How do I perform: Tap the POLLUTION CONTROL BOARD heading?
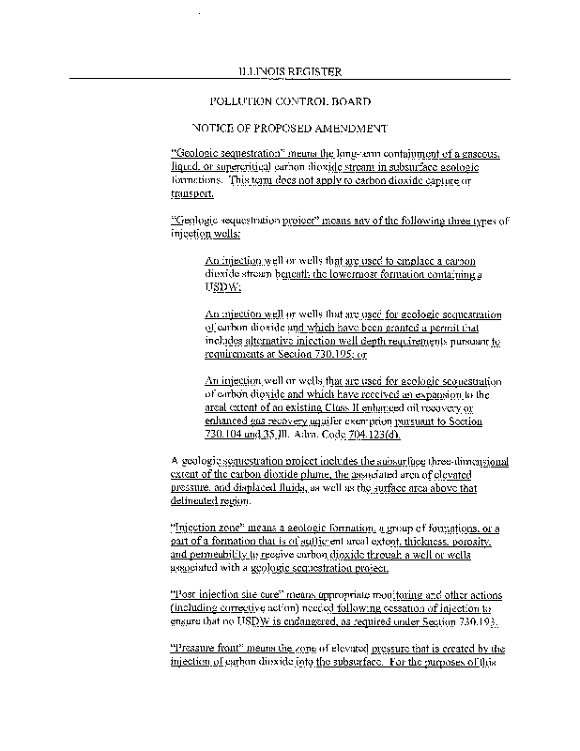click(290, 100)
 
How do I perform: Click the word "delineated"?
click(200, 500)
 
